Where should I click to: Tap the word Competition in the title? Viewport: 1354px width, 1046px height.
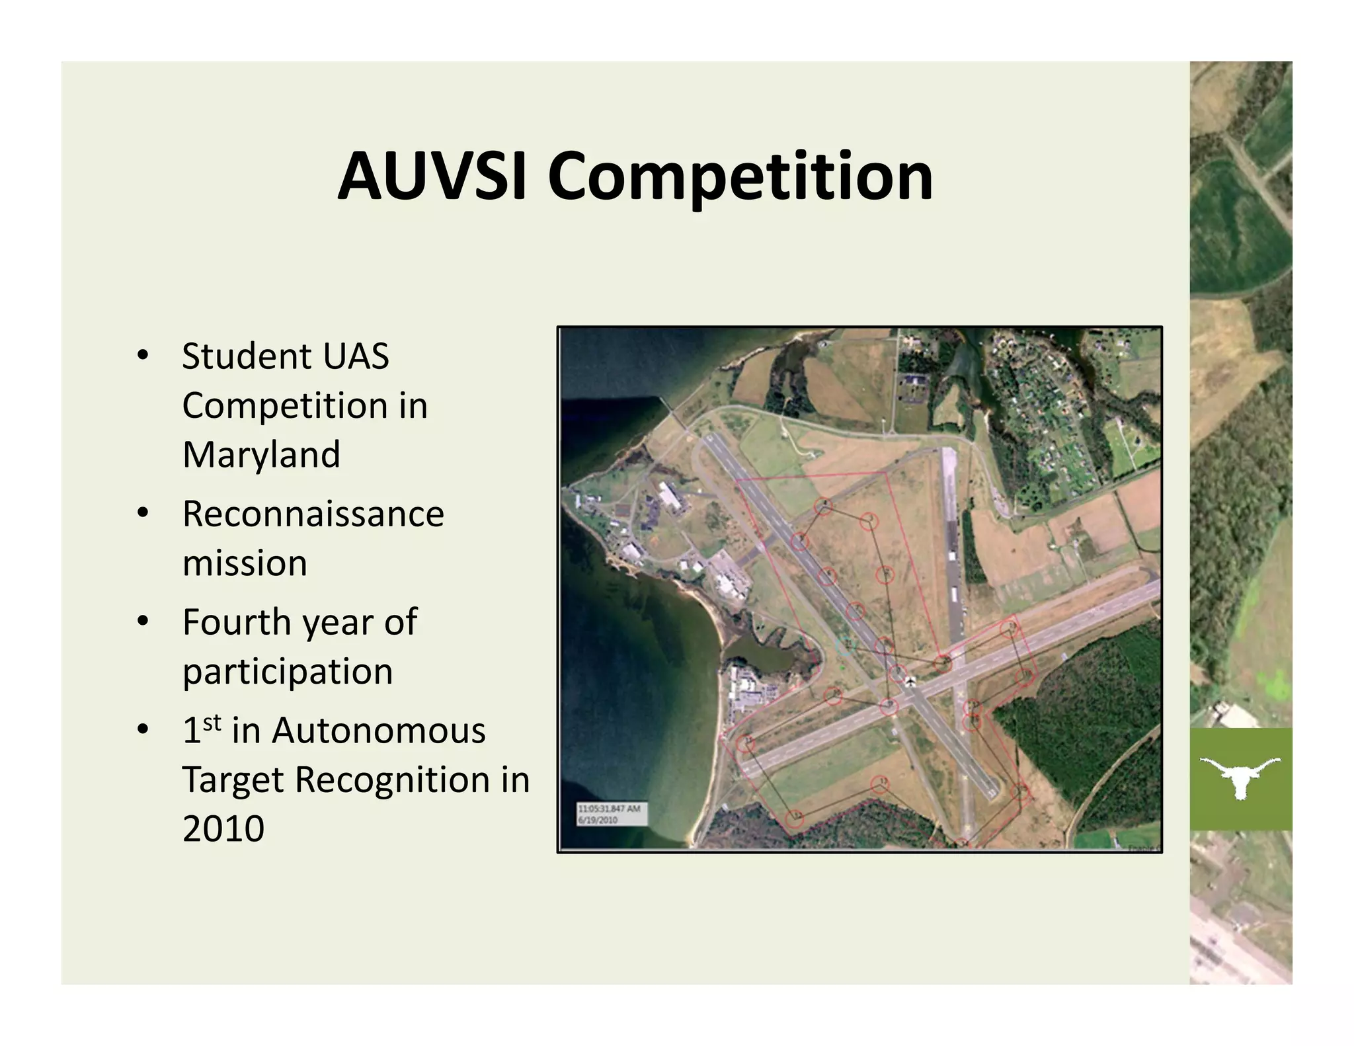740,177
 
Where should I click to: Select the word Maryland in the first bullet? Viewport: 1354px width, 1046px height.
261,455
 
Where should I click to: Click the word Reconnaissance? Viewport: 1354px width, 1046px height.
313,514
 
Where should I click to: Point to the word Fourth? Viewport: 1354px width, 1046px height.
237,622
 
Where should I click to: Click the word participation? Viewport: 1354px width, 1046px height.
288,672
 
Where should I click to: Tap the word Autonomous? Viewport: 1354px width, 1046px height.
378,731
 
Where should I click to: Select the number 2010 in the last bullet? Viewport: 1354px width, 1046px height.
223,829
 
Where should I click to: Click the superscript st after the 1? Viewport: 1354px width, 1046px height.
212,723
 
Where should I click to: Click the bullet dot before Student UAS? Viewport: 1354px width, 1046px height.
142,356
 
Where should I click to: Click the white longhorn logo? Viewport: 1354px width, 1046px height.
1240,778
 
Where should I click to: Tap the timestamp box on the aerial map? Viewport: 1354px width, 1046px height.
612,814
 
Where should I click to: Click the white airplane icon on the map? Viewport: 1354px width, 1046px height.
910,682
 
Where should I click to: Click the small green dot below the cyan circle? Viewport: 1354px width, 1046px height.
842,667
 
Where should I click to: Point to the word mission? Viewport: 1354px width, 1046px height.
245,563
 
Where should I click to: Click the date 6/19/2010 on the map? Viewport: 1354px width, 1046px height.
598,820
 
